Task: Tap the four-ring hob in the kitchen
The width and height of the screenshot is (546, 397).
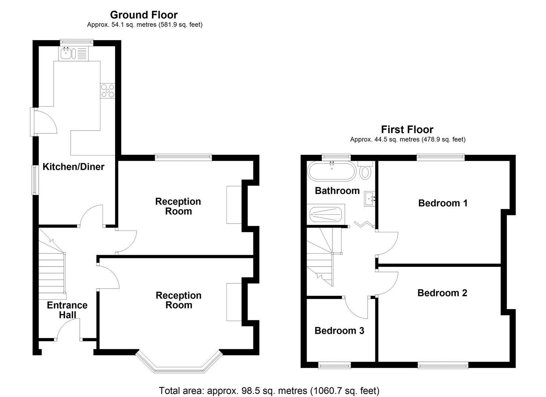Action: point(107,90)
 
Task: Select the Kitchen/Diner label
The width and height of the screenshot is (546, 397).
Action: point(74,167)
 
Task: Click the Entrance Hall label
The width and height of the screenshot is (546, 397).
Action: point(67,310)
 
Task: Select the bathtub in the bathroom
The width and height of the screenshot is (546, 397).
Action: point(332,171)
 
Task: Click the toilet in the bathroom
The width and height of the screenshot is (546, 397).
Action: point(365,171)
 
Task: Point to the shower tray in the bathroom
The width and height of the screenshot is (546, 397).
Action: point(326,214)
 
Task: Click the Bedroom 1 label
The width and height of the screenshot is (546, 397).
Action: point(443,203)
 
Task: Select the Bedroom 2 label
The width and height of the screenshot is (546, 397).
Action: point(442,293)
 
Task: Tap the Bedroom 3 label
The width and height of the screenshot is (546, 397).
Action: point(339,331)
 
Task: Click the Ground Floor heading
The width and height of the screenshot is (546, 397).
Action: point(144,15)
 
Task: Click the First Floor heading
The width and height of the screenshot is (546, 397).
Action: point(407,129)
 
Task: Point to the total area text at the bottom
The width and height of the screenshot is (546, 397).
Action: point(269,390)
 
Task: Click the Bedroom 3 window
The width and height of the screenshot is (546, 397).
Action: point(334,365)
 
